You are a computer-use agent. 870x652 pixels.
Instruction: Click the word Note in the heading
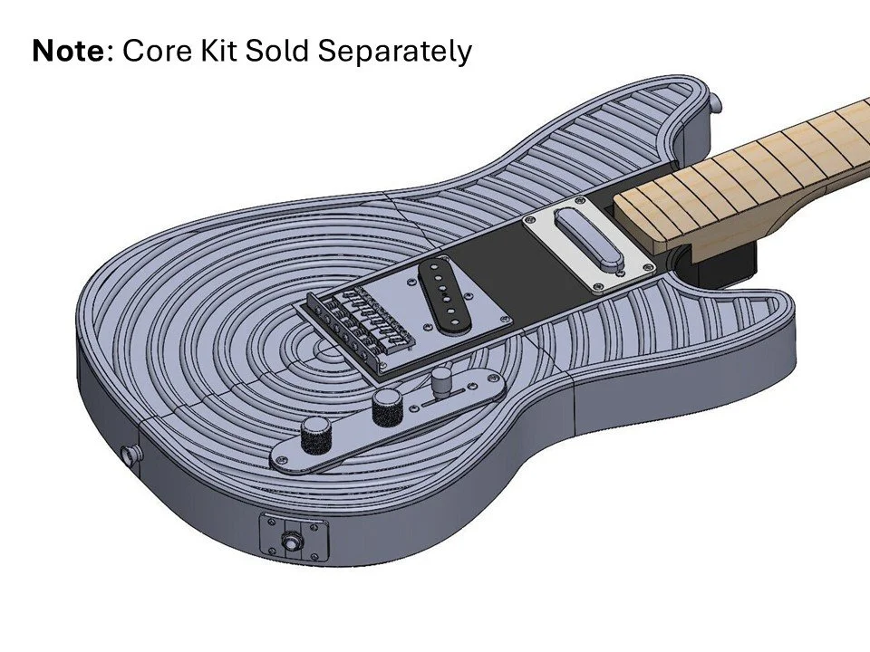69,51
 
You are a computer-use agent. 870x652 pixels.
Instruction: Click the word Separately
394,53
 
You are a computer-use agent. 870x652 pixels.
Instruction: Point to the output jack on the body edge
292,542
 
